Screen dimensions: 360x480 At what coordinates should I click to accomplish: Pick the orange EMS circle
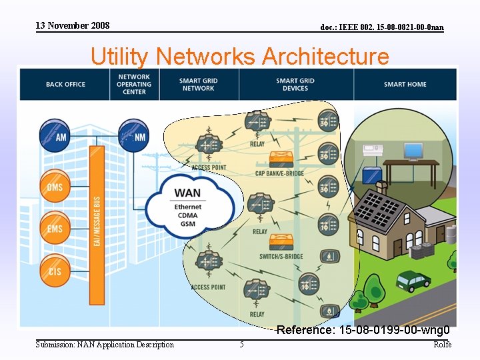[55, 228]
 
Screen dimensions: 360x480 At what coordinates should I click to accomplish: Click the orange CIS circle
[55, 270]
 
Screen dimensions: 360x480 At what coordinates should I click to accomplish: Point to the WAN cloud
[188, 204]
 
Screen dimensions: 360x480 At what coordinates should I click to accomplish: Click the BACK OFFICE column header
[65, 85]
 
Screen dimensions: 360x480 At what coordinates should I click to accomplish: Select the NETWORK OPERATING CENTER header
[134, 84]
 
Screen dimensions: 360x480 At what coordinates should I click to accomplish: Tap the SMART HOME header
[405, 85]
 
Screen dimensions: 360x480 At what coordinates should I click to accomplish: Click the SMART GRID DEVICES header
[295, 85]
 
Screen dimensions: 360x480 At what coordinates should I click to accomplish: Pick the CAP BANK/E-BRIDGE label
[279, 173]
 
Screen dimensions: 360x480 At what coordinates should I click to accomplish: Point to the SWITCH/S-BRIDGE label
[281, 256]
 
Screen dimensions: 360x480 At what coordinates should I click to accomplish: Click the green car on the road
[413, 281]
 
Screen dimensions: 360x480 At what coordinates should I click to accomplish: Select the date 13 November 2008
[73, 26]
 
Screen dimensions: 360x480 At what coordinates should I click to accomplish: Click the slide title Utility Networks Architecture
[239, 56]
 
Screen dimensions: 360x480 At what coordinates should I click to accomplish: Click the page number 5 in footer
[241, 345]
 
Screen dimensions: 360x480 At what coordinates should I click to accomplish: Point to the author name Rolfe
[442, 345]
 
